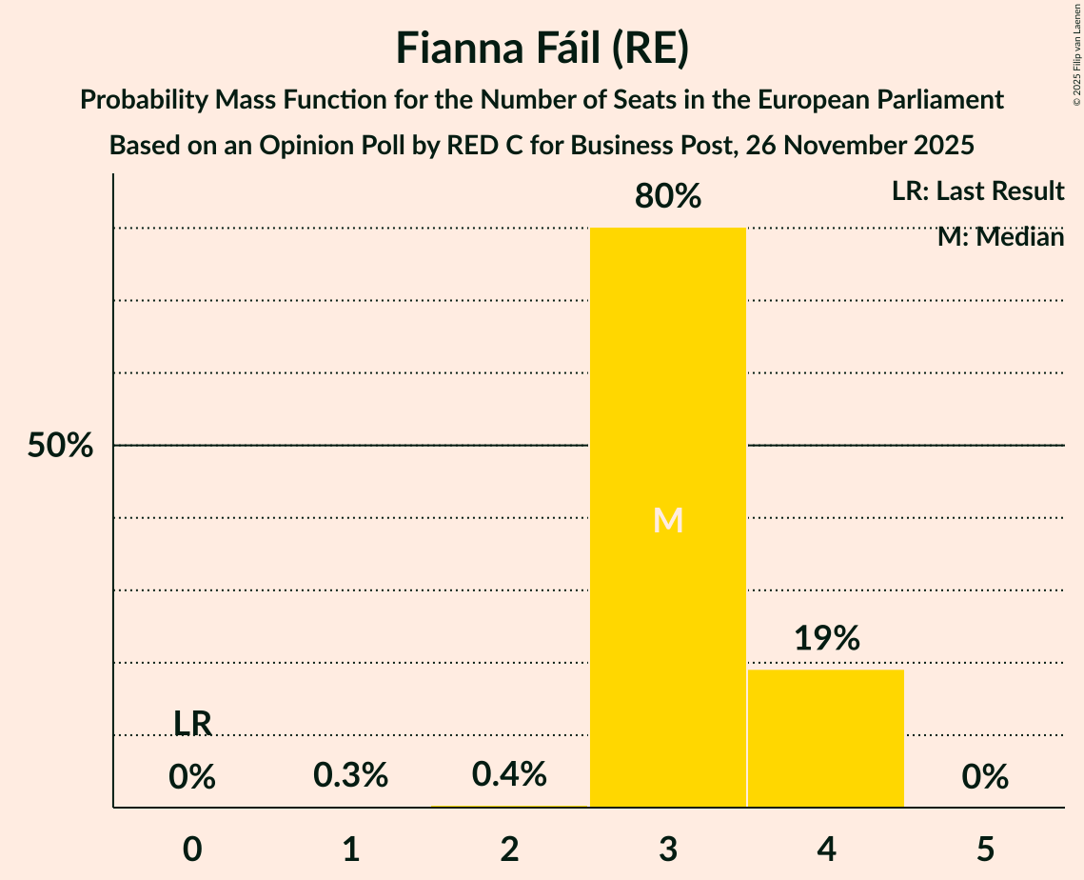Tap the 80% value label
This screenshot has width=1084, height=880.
(x=668, y=197)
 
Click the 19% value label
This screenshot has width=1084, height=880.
(x=826, y=639)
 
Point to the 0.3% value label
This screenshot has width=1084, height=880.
(x=351, y=775)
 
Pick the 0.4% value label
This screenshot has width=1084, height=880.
(x=509, y=775)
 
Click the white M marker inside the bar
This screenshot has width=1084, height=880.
(x=668, y=520)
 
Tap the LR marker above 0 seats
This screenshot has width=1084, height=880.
(x=192, y=724)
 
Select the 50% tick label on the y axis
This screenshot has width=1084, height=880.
(x=60, y=446)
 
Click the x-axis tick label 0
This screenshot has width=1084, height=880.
(x=192, y=850)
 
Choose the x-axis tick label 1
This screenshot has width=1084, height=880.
(x=351, y=850)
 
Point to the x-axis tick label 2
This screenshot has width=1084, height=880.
(x=509, y=850)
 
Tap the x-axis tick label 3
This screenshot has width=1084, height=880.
(x=668, y=850)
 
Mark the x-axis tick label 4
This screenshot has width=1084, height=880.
(x=826, y=850)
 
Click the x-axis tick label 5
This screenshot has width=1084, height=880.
(x=985, y=850)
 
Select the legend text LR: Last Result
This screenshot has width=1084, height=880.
(x=977, y=191)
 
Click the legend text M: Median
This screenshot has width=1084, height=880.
(x=1000, y=237)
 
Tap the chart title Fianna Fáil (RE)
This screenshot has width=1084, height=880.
(x=542, y=50)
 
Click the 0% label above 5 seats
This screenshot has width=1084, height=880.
(x=985, y=778)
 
